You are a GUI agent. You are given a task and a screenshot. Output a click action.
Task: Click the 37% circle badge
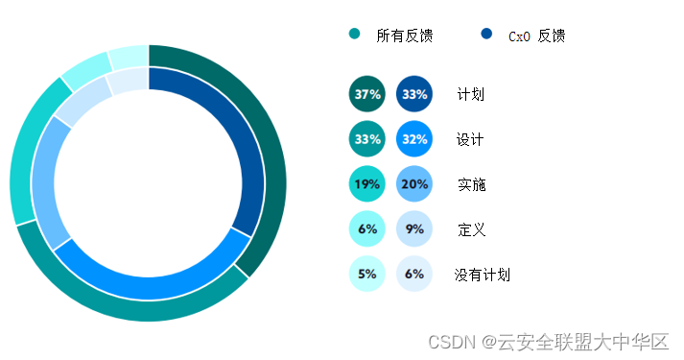coord(367,94)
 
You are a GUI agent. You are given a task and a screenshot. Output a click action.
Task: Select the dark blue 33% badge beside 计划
coord(414,94)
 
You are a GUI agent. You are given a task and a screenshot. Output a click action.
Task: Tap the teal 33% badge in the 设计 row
coord(367,139)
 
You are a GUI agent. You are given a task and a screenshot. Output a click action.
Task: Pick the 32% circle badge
coord(414,139)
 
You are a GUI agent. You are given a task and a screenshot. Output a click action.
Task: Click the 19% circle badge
coord(367,184)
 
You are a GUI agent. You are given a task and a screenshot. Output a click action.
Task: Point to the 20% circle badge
coord(414,184)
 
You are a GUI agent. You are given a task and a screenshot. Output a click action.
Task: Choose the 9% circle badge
coord(414,229)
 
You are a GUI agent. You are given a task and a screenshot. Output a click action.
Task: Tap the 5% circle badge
coord(367,275)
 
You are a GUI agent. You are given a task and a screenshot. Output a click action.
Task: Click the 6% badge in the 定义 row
coord(367,229)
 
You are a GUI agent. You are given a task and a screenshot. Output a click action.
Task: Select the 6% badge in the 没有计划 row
coord(414,275)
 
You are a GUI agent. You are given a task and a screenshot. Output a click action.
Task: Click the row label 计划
coord(471,94)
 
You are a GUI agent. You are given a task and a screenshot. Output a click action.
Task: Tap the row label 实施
coord(471,184)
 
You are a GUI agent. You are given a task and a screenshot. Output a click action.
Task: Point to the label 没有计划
coord(482,275)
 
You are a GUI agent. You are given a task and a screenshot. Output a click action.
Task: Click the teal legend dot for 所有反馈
coord(355,35)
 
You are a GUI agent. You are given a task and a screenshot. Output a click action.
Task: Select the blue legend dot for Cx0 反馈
coord(486,35)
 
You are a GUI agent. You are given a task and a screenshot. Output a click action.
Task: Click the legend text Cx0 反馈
coord(536,36)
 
